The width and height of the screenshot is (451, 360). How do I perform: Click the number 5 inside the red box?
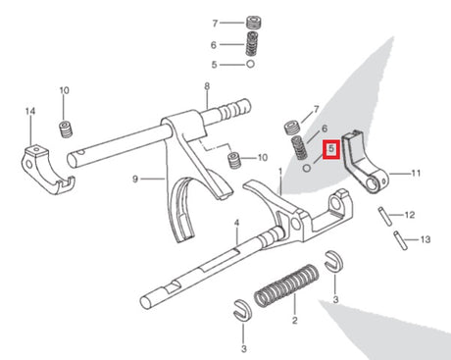(331, 149)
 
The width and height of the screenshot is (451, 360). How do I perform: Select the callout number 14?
(30, 111)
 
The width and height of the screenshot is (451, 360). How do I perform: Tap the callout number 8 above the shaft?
(207, 86)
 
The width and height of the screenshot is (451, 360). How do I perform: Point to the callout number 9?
(135, 180)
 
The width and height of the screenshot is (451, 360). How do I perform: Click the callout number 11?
(416, 173)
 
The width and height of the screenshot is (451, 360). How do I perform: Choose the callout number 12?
(410, 215)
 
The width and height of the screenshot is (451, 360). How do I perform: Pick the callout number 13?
(426, 239)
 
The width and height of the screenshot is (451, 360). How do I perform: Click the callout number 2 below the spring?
(295, 320)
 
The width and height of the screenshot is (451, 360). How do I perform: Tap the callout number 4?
(236, 223)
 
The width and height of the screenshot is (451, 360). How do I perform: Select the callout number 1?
(280, 172)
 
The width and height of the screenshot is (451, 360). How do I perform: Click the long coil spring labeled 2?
(286, 285)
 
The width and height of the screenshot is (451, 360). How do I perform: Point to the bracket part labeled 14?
(48, 170)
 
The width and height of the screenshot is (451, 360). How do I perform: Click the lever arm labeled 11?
(364, 162)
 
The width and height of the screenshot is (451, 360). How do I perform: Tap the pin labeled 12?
(385, 216)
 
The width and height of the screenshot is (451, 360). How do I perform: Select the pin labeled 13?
(401, 240)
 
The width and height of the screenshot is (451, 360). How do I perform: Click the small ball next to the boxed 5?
(307, 169)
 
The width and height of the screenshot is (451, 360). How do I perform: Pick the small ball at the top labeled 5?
(250, 64)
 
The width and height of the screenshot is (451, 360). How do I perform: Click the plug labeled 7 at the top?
(253, 23)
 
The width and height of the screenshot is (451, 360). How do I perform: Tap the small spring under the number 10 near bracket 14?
(66, 129)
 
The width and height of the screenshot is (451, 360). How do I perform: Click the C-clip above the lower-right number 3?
(334, 261)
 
